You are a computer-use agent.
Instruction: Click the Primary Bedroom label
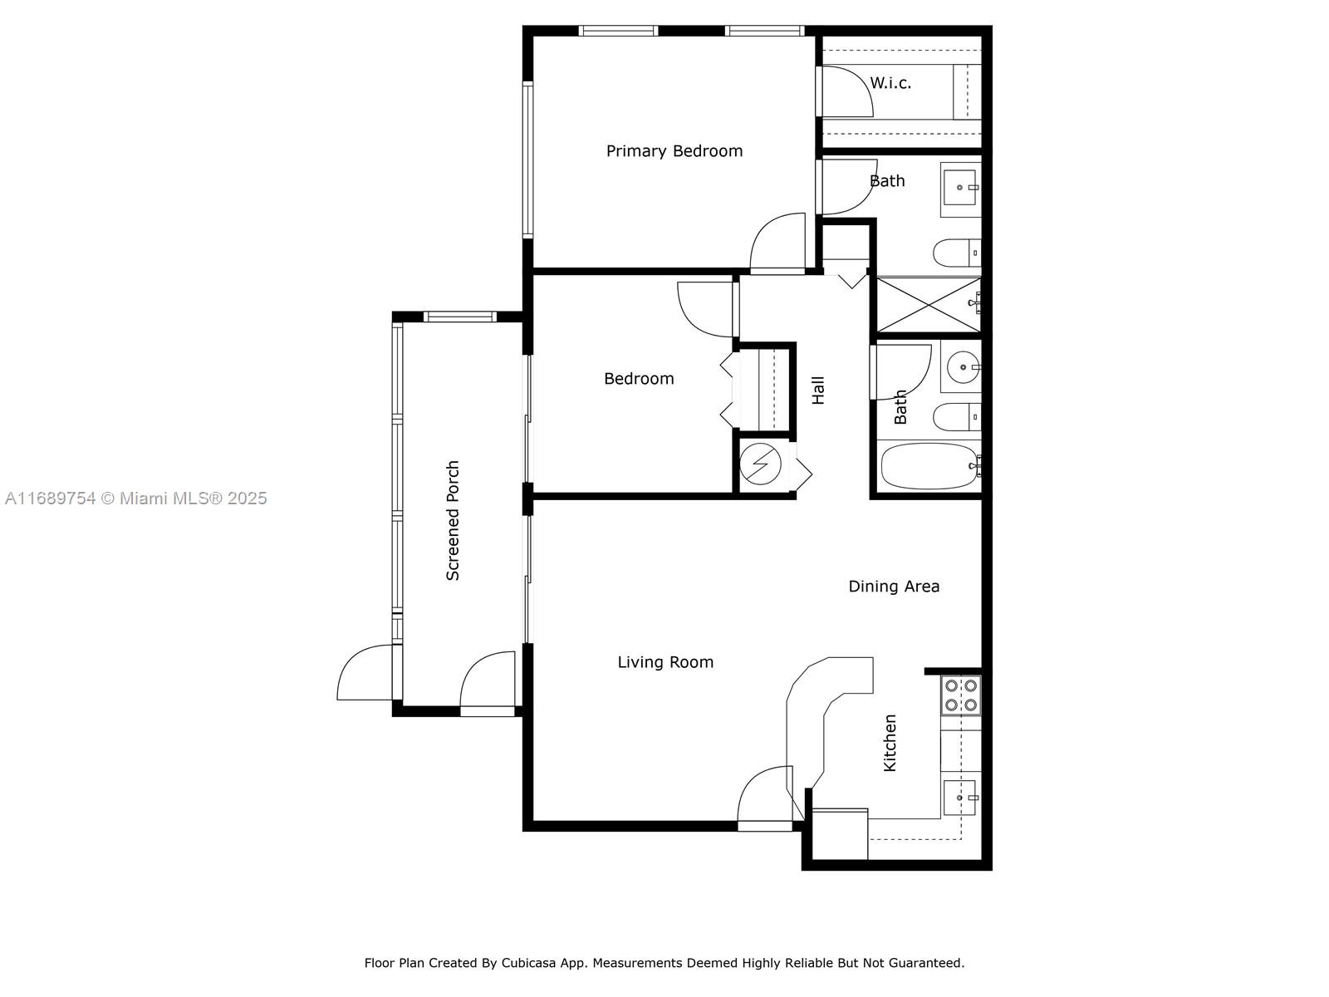pyautogui.click(x=674, y=151)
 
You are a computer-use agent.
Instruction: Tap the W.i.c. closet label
pyautogui.click(x=890, y=83)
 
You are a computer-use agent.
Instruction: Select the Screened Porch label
pyautogui.click(x=453, y=521)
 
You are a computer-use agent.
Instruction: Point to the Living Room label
pyautogui.click(x=665, y=662)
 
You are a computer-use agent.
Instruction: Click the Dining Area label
pyautogui.click(x=894, y=586)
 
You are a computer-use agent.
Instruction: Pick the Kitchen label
pyautogui.click(x=890, y=743)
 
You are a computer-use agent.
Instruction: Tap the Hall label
pyautogui.click(x=818, y=390)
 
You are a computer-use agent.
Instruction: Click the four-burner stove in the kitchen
pyautogui.click(x=961, y=695)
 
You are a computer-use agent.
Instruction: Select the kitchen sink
pyautogui.click(x=960, y=798)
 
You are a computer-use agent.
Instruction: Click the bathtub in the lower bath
pyautogui.click(x=929, y=465)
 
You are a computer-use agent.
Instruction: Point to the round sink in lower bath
pyautogui.click(x=963, y=367)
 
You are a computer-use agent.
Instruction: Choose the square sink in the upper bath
pyautogui.click(x=960, y=187)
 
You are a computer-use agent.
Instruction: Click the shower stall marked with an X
pyautogui.click(x=929, y=304)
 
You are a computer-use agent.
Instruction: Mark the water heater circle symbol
pyautogui.click(x=761, y=464)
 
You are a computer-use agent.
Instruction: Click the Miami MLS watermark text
pyautogui.click(x=135, y=498)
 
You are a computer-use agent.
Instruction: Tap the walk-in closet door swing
pyautogui.click(x=845, y=91)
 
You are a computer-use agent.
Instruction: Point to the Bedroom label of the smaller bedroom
pyautogui.click(x=639, y=379)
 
